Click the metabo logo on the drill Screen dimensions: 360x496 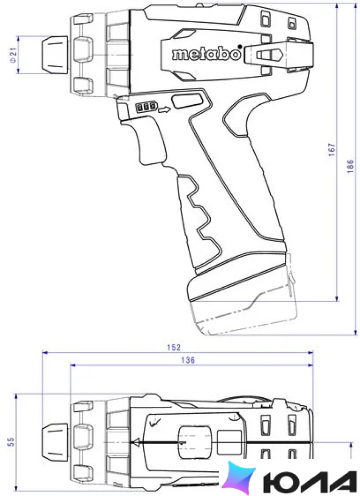[x=206, y=55]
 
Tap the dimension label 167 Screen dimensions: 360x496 [x=331, y=150]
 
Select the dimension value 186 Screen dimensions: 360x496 [x=350, y=166]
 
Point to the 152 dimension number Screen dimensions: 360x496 [x=174, y=347]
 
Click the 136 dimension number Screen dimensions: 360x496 [x=188, y=360]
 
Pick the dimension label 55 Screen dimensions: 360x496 [x=11, y=441]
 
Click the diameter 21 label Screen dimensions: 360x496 [x=13, y=55]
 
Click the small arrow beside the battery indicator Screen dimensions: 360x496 [x=164, y=110]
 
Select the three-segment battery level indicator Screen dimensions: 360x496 [x=146, y=106]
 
